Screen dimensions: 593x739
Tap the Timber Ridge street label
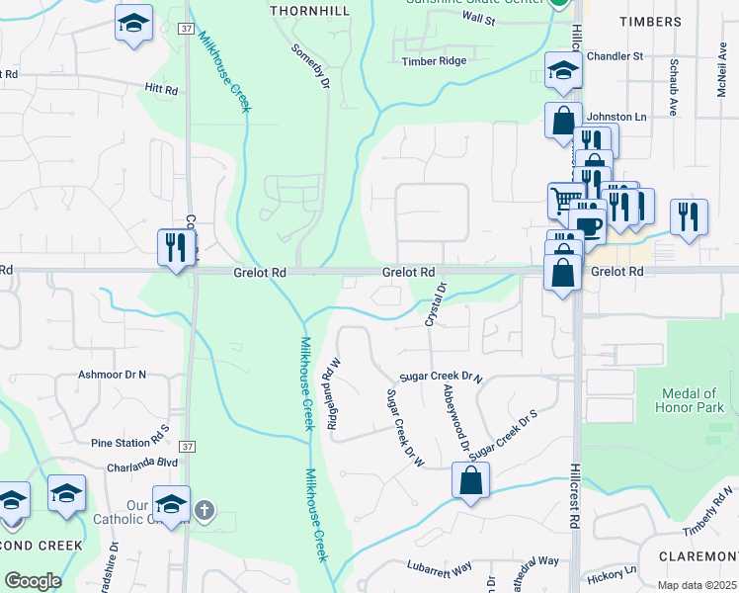(433, 61)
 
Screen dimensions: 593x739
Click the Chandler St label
(615, 56)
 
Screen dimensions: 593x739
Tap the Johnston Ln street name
(616, 117)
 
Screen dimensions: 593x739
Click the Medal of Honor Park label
(691, 400)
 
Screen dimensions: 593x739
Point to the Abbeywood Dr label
(457, 419)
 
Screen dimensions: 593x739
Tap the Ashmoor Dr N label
(112, 376)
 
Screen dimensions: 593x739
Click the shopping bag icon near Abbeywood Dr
(471, 481)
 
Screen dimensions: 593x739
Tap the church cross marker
(205, 510)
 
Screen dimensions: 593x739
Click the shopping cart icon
(565, 200)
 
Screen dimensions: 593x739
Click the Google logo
(33, 581)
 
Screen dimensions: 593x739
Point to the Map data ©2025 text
(696, 585)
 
